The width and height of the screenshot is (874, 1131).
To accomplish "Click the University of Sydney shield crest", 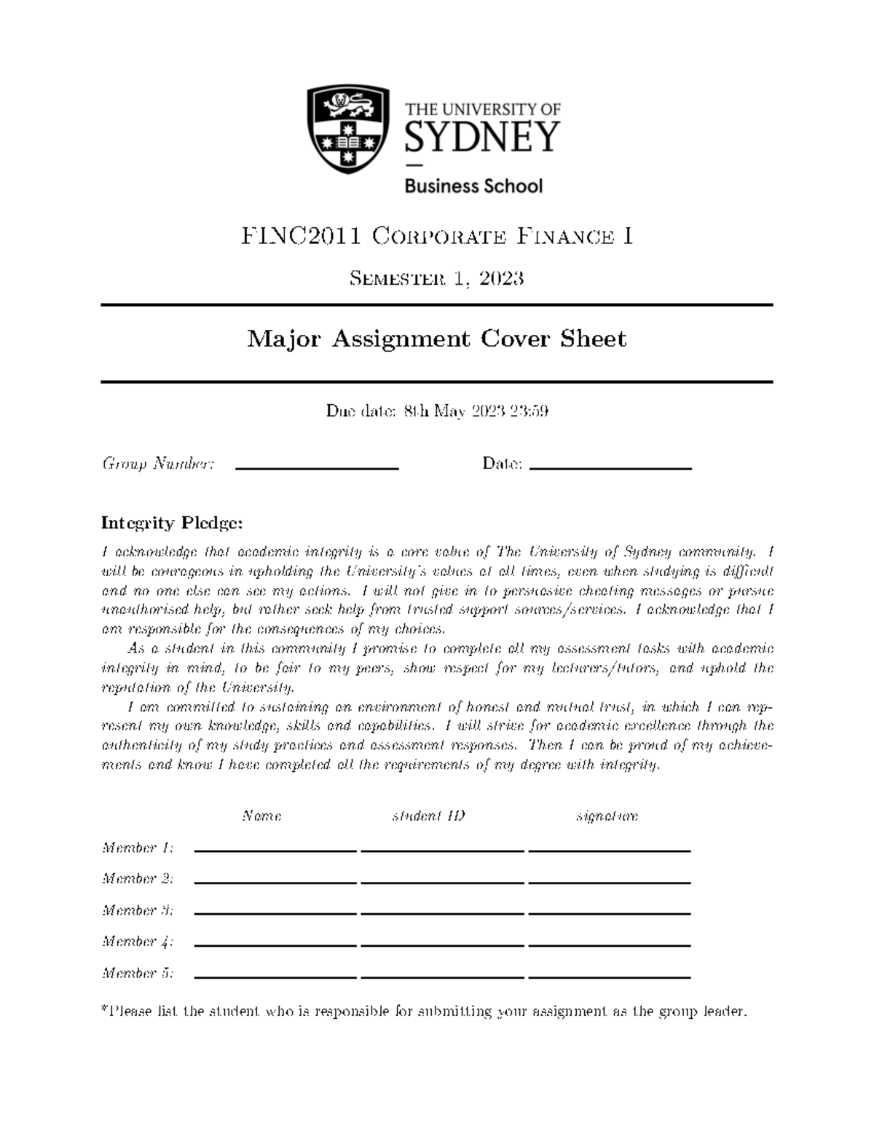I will click(347, 129).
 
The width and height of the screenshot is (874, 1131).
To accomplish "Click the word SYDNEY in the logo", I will click(482, 136).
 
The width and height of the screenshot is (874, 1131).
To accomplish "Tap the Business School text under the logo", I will click(473, 186).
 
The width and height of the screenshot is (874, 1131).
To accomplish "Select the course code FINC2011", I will click(302, 236).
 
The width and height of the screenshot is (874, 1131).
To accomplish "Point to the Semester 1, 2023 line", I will click(436, 278).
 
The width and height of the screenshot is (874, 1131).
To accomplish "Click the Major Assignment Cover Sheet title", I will click(436, 339).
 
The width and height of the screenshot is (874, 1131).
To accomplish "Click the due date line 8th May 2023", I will click(436, 411).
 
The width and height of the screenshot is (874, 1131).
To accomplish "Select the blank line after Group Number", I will click(317, 466).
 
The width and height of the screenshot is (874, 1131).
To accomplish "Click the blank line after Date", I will click(610, 466).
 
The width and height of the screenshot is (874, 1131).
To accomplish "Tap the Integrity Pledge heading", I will click(172, 523).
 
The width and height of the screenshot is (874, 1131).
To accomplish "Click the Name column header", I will click(261, 816).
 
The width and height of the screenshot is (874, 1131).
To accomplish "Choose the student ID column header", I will click(428, 816).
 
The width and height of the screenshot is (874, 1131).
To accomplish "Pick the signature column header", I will click(607, 816).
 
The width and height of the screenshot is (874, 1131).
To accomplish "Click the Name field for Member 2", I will click(276, 879).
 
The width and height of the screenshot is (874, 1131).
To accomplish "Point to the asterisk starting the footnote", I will click(104, 1009).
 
